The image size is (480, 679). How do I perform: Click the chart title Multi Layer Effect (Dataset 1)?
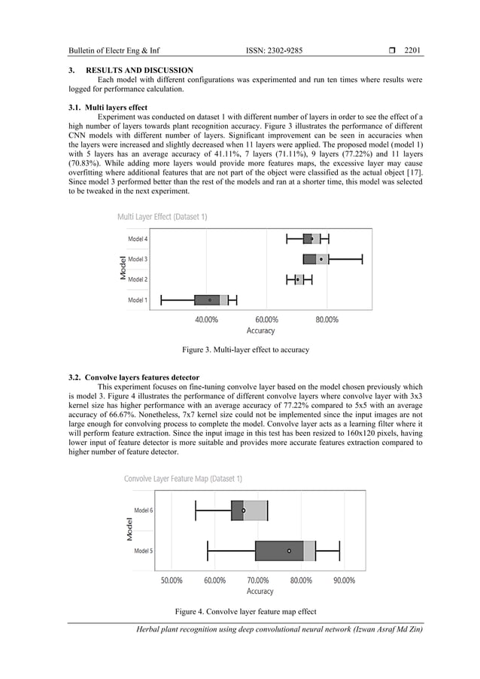[x=162, y=217]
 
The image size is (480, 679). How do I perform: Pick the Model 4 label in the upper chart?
[x=137, y=239]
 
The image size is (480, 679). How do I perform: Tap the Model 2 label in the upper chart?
[x=137, y=279]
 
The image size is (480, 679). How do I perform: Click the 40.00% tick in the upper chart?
[x=206, y=319]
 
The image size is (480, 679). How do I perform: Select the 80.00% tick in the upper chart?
[x=326, y=319]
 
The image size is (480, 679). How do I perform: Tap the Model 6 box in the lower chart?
[x=249, y=510]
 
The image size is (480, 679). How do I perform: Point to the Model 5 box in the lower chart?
[x=285, y=550]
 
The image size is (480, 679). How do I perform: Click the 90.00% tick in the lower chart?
[x=345, y=580]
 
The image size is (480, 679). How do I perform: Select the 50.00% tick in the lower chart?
[x=172, y=580]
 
